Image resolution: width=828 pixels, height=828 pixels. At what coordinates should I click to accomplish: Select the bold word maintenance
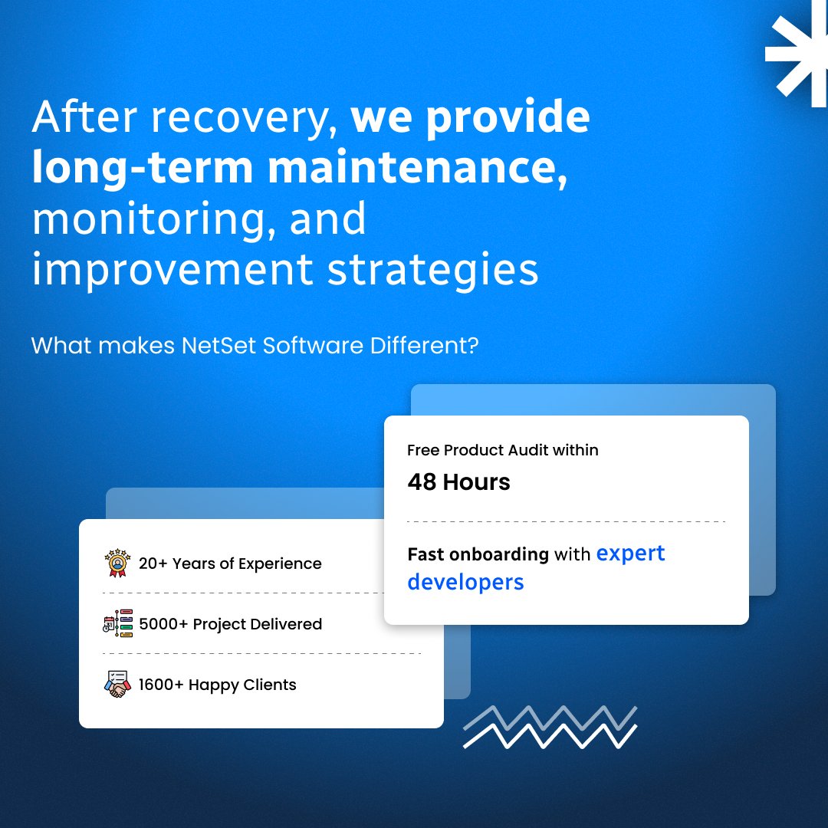418,167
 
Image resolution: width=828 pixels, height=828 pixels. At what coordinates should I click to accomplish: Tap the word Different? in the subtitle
424,346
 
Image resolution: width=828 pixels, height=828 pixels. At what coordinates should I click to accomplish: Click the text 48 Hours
459,481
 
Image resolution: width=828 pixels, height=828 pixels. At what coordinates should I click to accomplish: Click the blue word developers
466,583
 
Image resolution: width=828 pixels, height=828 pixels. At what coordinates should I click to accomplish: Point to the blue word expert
630,554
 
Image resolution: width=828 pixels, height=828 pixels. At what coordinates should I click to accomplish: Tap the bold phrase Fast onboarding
478,554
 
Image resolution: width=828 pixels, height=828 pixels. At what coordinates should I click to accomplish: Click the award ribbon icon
117,563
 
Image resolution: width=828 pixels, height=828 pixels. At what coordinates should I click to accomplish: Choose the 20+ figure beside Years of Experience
153,563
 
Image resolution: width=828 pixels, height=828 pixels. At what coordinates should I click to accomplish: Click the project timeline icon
118,623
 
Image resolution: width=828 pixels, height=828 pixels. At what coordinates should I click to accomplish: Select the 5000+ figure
164,624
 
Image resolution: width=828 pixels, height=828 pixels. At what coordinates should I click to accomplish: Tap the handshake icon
117,685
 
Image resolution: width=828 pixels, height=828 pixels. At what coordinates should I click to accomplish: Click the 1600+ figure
161,685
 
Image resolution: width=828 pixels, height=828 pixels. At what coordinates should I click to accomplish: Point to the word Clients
270,685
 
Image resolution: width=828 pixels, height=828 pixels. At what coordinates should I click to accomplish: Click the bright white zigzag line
550,736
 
